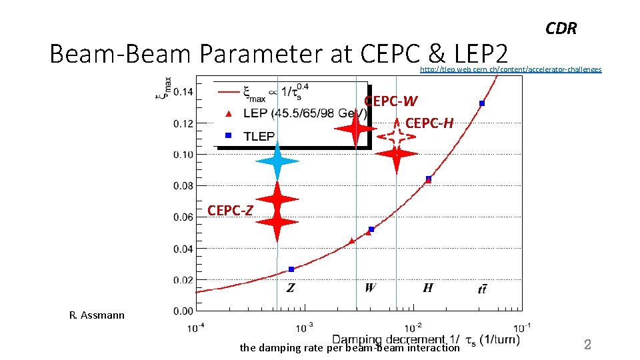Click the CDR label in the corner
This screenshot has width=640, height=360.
pos(561,29)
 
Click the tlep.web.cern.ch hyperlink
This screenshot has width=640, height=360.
pos(510,69)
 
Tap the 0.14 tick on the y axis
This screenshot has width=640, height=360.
pos(184,92)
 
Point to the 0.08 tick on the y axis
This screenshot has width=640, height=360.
pos(184,186)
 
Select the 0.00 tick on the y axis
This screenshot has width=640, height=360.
pos(184,311)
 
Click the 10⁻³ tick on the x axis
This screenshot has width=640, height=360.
pos(304,327)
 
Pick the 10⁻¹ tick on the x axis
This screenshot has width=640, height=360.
pos(522,327)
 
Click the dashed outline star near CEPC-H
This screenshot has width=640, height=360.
pos(396,136)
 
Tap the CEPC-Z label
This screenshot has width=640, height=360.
pos(230,211)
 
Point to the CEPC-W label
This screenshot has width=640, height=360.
pos(391,101)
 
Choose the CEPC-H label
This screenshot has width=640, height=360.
pos(429,123)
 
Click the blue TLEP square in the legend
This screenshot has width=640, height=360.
pos(228,136)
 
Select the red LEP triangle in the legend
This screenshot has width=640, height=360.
pos(228,114)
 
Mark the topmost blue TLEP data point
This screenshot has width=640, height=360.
pos(481,103)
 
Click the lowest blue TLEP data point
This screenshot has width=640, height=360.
pos(291,269)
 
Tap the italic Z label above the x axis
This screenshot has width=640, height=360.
pos(291,288)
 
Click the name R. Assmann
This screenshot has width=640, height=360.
pos(97,315)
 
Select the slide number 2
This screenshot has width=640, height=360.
pos(587,345)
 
